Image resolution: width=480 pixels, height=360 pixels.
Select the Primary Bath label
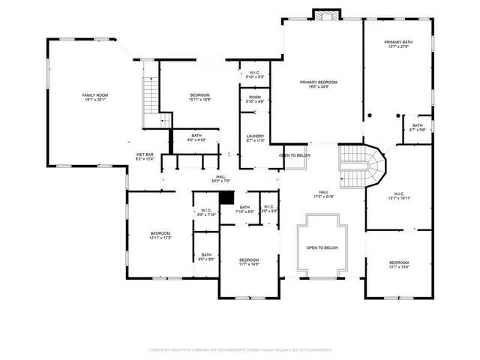tap(397, 44)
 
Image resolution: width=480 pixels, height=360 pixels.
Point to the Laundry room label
tap(256, 138)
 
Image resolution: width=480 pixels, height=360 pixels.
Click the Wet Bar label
tap(145, 156)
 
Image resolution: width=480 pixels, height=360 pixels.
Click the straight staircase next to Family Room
tap(152, 95)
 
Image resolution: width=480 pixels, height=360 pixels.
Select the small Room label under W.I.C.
tap(255, 99)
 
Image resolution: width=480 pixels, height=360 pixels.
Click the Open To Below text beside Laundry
tap(294, 155)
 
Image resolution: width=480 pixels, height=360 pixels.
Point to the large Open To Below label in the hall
tap(322, 247)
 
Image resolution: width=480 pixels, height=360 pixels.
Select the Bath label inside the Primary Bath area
tap(417, 127)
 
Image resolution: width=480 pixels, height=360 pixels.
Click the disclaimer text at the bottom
tap(239, 349)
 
